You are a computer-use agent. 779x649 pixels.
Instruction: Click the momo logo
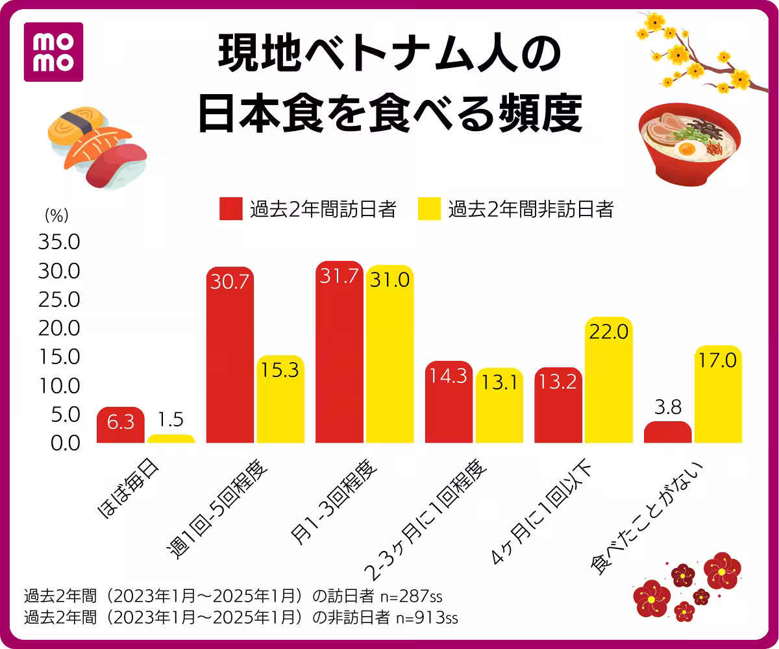(53, 52)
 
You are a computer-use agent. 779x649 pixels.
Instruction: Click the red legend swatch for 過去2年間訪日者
(230, 209)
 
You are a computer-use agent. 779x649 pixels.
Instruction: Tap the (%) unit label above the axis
(56, 213)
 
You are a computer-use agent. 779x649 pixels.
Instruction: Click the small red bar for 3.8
(667, 432)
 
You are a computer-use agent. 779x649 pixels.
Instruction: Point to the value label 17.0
(718, 360)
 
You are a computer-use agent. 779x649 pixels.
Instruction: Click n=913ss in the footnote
(427, 617)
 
